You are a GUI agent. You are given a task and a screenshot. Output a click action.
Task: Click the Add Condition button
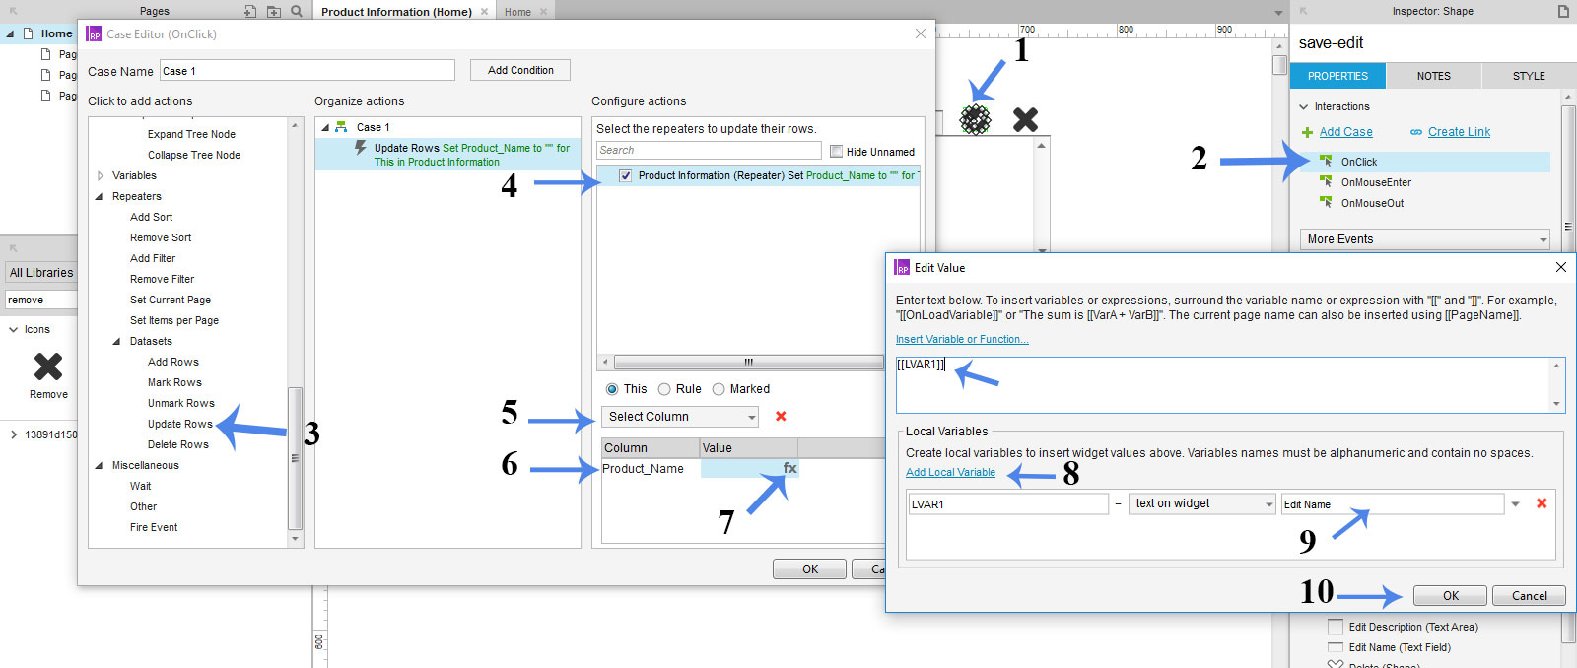click(x=520, y=70)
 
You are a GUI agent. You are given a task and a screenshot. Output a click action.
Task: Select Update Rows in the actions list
click(x=179, y=424)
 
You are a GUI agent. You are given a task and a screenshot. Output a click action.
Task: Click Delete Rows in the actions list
click(x=177, y=444)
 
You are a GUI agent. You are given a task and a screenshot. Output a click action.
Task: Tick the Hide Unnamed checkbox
click(x=837, y=152)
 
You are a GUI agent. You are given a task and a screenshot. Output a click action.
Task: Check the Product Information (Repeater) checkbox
click(x=625, y=175)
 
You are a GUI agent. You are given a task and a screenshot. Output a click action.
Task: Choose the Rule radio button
click(x=665, y=389)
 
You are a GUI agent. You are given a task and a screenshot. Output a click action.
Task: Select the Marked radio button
click(x=719, y=389)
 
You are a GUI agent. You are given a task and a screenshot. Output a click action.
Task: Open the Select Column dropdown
click(x=680, y=417)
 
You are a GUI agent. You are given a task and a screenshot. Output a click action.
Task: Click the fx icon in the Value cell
click(x=789, y=468)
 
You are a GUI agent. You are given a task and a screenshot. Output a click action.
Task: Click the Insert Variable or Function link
click(x=961, y=339)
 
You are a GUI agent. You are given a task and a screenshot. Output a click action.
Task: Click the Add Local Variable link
click(x=950, y=472)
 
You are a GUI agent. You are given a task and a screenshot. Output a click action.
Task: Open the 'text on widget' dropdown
click(x=1201, y=503)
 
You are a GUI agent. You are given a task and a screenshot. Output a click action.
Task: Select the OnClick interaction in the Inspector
click(x=1358, y=162)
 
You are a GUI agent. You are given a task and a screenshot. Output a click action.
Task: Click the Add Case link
click(x=1345, y=132)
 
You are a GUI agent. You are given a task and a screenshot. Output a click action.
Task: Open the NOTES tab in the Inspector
click(x=1433, y=76)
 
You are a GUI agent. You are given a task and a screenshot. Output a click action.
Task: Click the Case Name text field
click(x=307, y=71)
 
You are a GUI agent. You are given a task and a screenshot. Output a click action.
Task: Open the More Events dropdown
click(x=1424, y=239)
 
